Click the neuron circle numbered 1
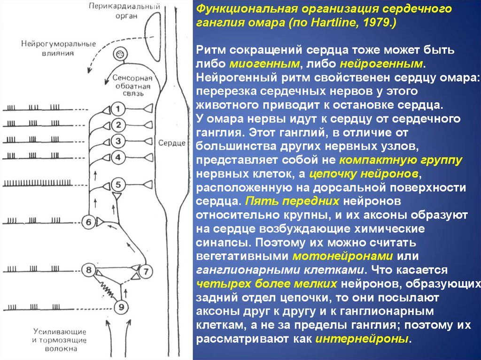pyautogui.click(x=119, y=109)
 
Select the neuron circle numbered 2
pyautogui.click(x=119, y=125)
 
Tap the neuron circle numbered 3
pyautogui.click(x=119, y=141)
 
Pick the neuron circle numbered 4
pyautogui.click(x=119, y=157)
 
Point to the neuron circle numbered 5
pyautogui.click(x=119, y=184)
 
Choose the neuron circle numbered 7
pyautogui.click(x=145, y=271)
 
